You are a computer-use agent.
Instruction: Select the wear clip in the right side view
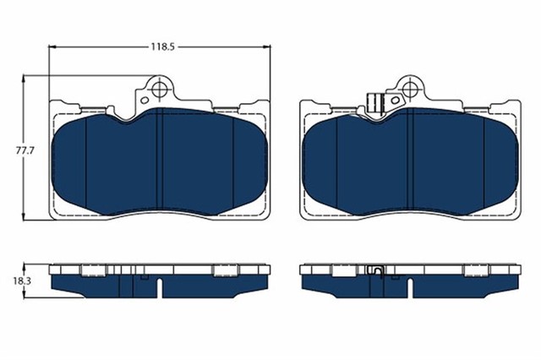click(x=378, y=271)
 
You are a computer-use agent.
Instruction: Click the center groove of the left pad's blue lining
click(x=159, y=165)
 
